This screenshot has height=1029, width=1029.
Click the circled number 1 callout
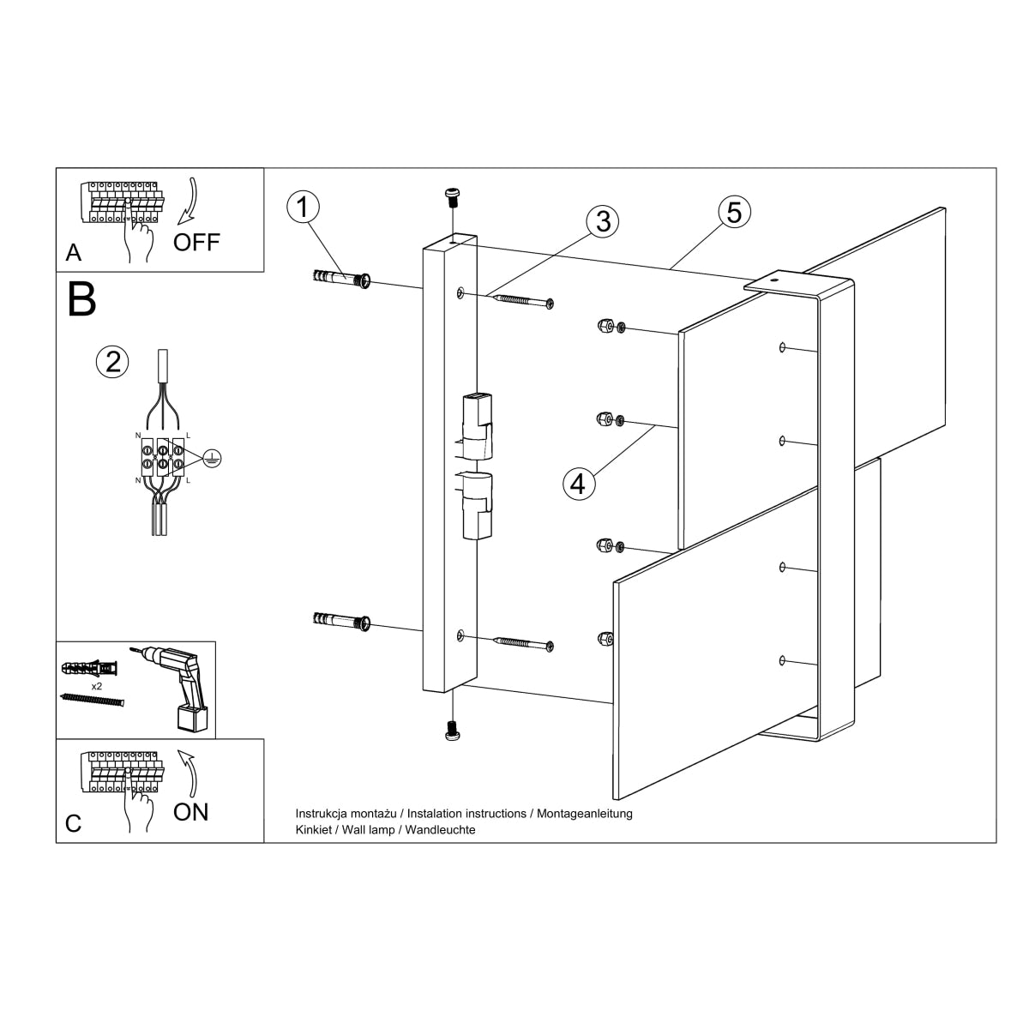tap(303, 208)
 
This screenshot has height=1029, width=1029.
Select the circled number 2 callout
tap(111, 361)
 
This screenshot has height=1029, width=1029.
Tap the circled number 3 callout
tap(603, 221)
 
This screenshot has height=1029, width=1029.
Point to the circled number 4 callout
tap(578, 484)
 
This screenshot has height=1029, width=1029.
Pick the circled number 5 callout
tap(734, 211)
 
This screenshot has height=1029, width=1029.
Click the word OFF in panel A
tap(196, 242)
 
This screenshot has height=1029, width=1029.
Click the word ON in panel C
tap(190, 811)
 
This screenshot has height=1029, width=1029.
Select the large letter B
tap(82, 299)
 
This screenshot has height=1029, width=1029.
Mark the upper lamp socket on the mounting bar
tap(477, 425)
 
